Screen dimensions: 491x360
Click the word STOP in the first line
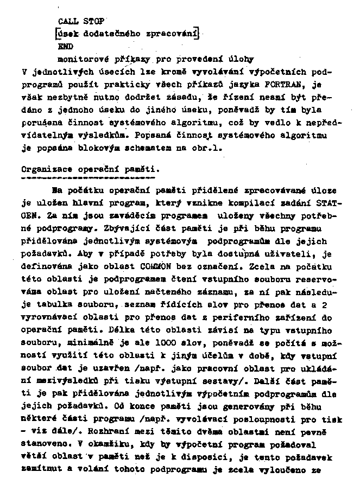(x=93, y=21)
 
